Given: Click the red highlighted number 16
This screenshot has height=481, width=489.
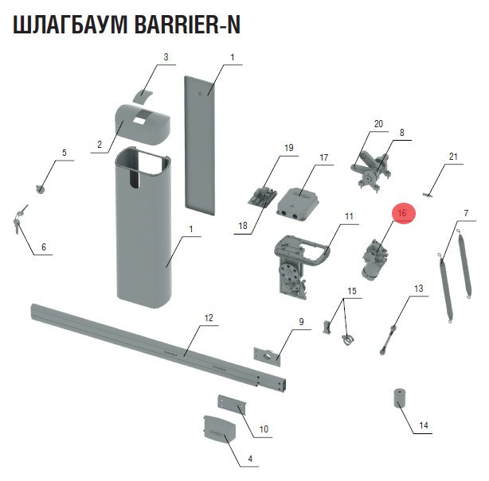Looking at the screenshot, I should point(403,213).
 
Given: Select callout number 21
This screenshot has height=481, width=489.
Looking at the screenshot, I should point(452,157).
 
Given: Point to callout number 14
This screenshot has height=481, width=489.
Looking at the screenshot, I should point(424,426).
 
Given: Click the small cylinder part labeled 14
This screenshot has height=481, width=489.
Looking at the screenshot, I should point(397,398).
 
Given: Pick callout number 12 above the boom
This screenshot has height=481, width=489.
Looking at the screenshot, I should point(209,318).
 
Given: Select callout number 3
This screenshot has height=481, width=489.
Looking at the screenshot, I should point(166,57).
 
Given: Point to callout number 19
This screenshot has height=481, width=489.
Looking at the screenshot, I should point(289,148).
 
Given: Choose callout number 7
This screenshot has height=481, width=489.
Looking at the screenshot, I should point(465,213).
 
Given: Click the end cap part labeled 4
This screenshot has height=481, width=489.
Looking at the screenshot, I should point(218,430).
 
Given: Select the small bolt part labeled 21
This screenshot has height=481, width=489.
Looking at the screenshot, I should point(431,192).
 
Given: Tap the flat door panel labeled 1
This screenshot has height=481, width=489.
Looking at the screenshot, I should point(199,143).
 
